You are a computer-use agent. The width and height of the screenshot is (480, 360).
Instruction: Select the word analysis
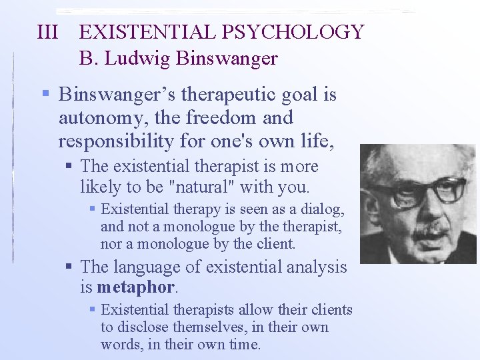coord(317,267)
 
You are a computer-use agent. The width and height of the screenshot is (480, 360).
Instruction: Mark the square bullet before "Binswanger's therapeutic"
coord(45,95)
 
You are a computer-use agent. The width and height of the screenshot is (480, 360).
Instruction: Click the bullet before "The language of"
coord(69,267)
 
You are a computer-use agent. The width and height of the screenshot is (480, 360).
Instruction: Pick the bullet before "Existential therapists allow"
coord(92,310)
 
